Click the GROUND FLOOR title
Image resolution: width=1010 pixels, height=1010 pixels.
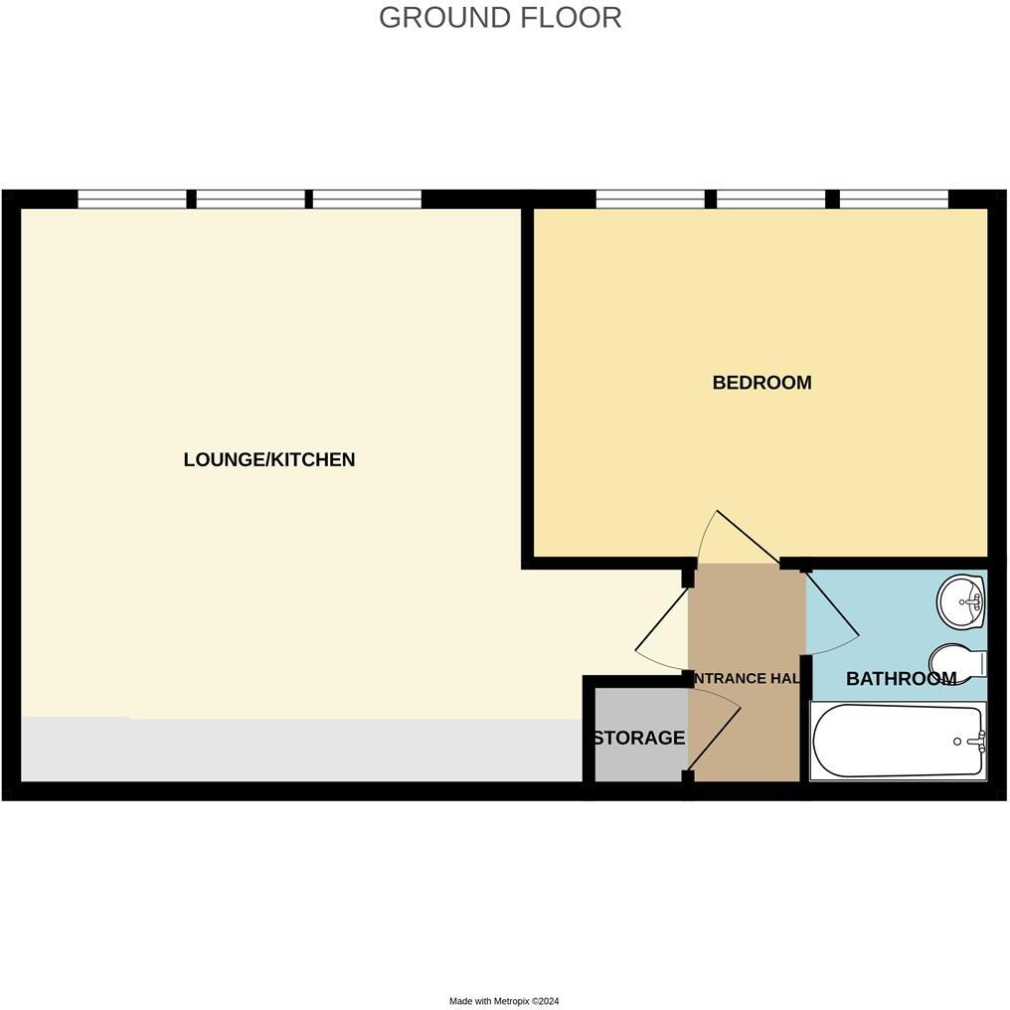(500, 18)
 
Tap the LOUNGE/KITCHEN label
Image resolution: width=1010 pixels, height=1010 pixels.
(269, 459)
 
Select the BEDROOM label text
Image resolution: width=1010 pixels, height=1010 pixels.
(761, 383)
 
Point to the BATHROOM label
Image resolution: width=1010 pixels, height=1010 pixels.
(901, 679)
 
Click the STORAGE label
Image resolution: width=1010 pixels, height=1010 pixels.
(638, 738)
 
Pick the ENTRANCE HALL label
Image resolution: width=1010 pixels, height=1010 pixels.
(747, 679)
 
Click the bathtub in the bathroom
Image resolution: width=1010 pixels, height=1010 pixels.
(898, 742)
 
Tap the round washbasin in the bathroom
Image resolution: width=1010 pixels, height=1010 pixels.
(961, 601)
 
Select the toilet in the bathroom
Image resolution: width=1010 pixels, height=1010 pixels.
(956, 661)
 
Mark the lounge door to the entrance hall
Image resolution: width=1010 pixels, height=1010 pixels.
(660, 632)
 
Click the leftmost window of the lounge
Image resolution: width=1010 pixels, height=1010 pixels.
(132, 199)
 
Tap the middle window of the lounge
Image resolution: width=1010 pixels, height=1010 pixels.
(251, 199)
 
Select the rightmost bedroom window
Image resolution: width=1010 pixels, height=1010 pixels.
(894, 199)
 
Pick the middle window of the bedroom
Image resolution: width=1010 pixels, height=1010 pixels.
(770, 199)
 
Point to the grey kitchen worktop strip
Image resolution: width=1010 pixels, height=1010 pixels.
(298, 750)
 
